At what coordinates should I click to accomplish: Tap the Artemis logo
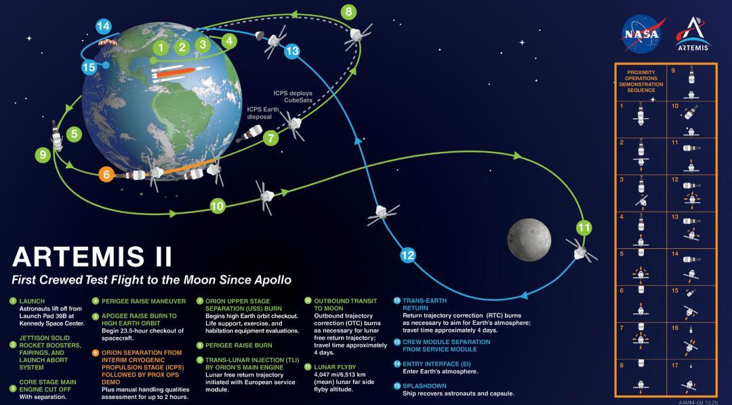pyautogui.click(x=693, y=34)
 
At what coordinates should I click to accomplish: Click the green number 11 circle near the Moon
pyautogui.click(x=584, y=227)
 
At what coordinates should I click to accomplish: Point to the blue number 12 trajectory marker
pyautogui.click(x=407, y=255)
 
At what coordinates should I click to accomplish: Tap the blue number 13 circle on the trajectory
pyautogui.click(x=292, y=52)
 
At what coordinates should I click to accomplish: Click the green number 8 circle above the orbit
pyautogui.click(x=348, y=12)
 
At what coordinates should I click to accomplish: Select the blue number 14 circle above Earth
pyautogui.click(x=103, y=27)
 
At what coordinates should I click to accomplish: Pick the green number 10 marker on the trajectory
pyautogui.click(x=217, y=206)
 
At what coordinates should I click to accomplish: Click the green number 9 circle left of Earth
pyautogui.click(x=43, y=155)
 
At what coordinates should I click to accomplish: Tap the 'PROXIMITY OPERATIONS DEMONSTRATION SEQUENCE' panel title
pyautogui.click(x=640, y=81)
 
